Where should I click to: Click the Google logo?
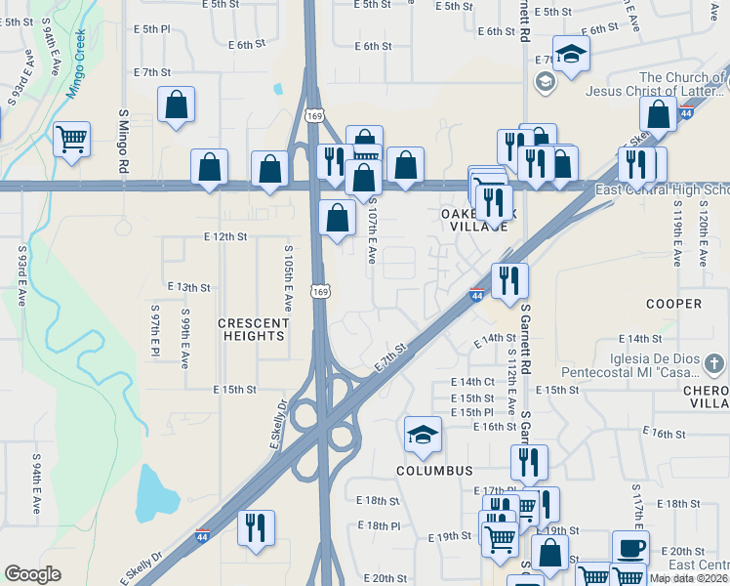tap(32, 574)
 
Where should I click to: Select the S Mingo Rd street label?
tap(124, 142)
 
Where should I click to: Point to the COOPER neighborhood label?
tap(673, 304)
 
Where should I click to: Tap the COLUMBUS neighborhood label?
tap(434, 470)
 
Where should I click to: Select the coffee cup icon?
tap(629, 548)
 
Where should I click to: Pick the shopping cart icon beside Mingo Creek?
tap(71, 138)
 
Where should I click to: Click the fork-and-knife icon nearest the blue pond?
tap(257, 527)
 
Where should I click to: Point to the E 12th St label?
tap(225, 236)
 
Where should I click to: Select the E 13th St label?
tap(189, 287)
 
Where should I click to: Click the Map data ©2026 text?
tap(688, 577)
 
